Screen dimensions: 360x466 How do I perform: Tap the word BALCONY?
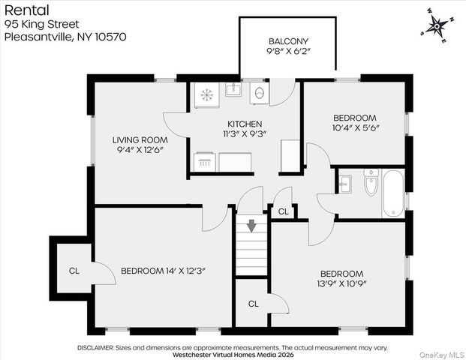288,41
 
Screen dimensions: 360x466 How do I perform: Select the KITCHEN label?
245,124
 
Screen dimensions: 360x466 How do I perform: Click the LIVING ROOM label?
140,139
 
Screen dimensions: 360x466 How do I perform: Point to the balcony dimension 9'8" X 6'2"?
288,52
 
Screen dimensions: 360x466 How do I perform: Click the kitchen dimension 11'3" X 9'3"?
245,134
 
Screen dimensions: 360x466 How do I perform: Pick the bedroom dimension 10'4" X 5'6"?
356,128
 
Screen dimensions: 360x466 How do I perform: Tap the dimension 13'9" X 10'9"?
341,284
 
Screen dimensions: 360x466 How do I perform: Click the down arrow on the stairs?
252,224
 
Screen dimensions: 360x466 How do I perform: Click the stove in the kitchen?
205,94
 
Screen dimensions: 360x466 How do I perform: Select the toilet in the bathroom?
370,184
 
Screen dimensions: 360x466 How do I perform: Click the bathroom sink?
346,183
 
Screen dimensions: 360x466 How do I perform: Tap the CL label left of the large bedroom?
74,271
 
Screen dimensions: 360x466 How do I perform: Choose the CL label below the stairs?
253,304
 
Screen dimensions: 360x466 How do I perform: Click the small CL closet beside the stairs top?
283,212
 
